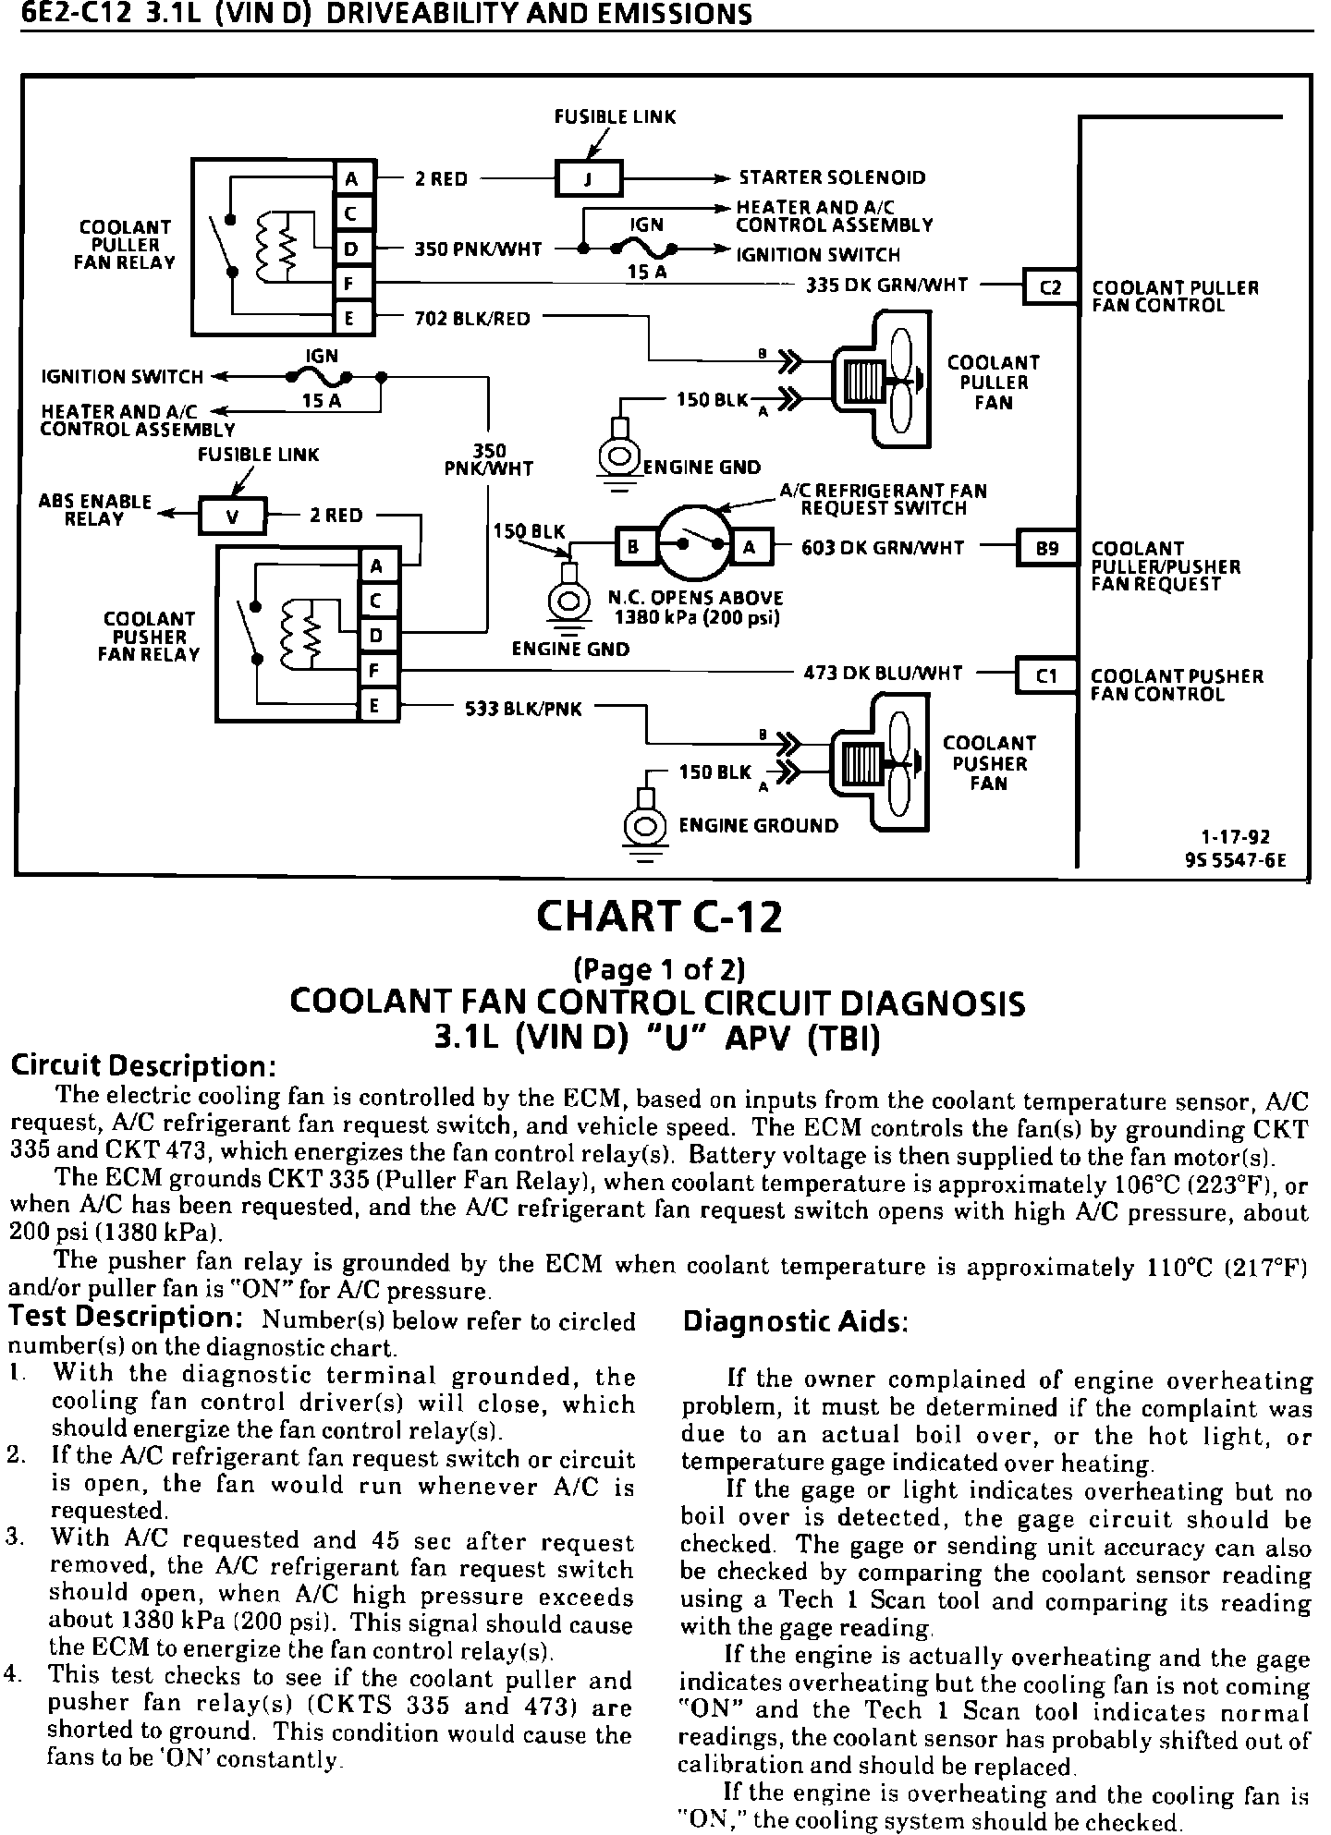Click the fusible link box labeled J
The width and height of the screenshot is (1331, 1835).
[x=589, y=178]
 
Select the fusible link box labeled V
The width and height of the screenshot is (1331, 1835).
[x=232, y=516]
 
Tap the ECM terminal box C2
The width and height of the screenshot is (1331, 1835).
[x=1051, y=287]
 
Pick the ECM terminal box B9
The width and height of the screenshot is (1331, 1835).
[x=1046, y=548]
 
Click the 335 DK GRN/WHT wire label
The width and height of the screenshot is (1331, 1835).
[x=886, y=286]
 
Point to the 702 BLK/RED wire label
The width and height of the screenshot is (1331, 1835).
[x=473, y=319]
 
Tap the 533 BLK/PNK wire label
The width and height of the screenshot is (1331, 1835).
[x=523, y=709]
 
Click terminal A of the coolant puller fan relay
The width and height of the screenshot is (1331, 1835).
[x=352, y=178]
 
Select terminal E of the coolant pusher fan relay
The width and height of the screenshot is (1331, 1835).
[x=376, y=707]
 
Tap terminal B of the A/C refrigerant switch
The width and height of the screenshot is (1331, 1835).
[x=634, y=548]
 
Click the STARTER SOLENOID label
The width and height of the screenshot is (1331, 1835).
[x=832, y=178]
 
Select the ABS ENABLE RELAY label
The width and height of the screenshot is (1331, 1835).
[x=94, y=510]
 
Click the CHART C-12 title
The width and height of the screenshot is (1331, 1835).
[x=659, y=917]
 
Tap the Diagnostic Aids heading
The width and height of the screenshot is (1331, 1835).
[x=796, y=1322]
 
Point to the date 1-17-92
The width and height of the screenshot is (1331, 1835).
[x=1235, y=837]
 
